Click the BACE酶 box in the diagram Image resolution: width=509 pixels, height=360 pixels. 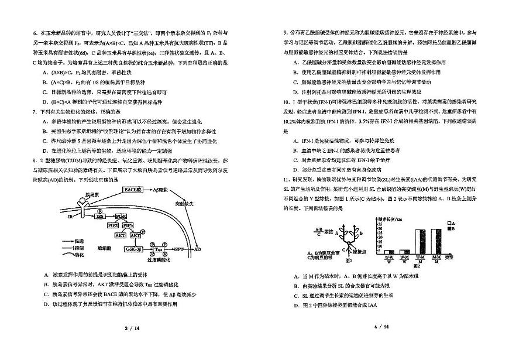133,190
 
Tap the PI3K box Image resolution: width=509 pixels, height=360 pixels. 121,216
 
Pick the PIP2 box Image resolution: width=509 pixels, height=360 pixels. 114,225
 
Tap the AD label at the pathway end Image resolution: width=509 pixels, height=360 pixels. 197,248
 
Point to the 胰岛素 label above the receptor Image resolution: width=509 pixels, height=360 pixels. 93,193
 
